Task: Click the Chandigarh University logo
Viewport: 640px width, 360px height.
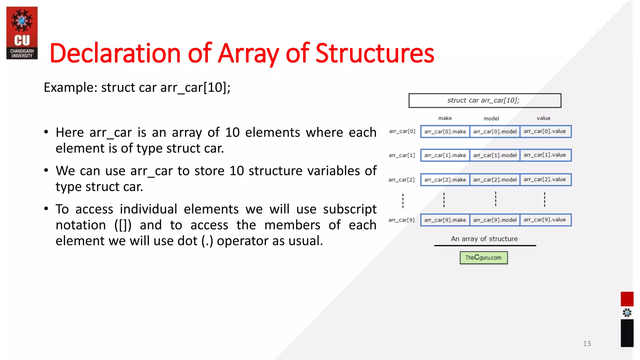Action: [x=22, y=33]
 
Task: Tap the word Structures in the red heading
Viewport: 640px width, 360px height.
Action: [x=375, y=53]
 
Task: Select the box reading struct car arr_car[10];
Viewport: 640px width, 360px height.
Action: [x=485, y=101]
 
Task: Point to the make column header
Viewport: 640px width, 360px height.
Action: [x=445, y=118]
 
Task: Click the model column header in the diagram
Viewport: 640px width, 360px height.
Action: [x=491, y=118]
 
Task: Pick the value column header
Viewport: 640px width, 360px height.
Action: [x=543, y=118]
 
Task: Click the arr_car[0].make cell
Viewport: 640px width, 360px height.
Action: [x=445, y=132]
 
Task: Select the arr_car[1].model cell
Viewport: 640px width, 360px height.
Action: [x=495, y=155]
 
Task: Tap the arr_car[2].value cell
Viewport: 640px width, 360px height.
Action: [x=545, y=180]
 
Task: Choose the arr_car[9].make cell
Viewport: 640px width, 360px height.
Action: [x=445, y=220]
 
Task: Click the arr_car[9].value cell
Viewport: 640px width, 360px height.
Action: [x=545, y=220]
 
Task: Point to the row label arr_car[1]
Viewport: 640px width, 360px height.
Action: [x=402, y=155]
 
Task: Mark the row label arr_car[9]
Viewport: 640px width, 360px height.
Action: [x=401, y=220]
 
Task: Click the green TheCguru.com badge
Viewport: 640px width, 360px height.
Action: [x=483, y=258]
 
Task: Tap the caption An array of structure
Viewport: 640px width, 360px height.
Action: [x=484, y=239]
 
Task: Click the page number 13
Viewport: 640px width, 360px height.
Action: [x=587, y=344]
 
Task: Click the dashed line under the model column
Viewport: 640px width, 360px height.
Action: [x=496, y=199]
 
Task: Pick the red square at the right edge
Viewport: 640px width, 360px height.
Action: [x=627, y=299]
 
